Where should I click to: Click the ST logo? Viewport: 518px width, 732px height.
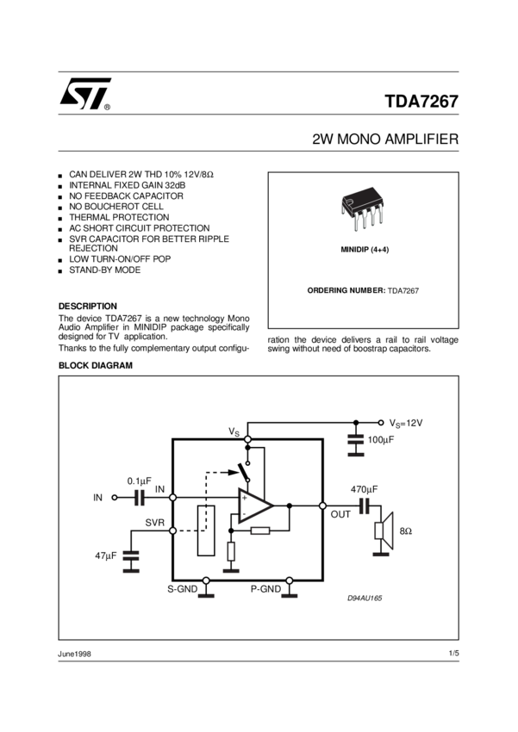tap(84, 95)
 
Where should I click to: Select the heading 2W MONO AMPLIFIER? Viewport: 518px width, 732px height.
tap(385, 139)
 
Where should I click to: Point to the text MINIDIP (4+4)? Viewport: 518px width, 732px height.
tap(363, 248)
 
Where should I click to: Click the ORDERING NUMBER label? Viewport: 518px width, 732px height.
tap(346, 291)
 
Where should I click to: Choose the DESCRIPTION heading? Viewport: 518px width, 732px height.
tap(87, 306)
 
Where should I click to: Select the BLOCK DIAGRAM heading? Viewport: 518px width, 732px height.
tap(95, 365)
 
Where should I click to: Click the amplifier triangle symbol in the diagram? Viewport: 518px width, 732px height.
tap(255, 506)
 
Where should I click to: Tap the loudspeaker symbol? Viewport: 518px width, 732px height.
tap(383, 529)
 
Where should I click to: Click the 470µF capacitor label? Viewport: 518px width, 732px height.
tap(365, 489)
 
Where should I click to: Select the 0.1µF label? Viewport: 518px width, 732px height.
tap(139, 481)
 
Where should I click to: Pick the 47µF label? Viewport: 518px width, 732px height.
tap(106, 556)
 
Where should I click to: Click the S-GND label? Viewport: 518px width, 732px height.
tap(183, 589)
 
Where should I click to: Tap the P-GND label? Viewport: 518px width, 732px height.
tap(265, 589)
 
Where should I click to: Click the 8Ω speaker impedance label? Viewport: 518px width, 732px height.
tap(405, 532)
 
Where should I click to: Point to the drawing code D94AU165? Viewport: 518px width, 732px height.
tap(365, 598)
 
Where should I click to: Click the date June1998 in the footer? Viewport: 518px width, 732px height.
tap(75, 654)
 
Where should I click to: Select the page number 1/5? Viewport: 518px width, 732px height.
tap(453, 654)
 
